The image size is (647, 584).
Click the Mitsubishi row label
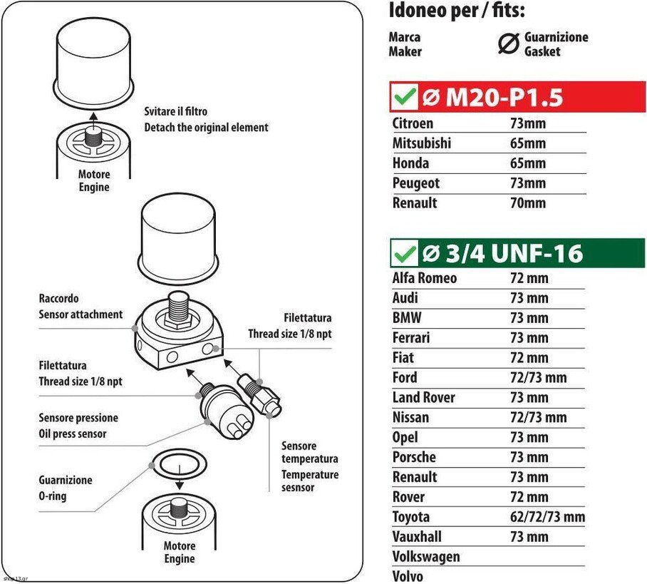421,143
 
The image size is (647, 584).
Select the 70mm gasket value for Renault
528,203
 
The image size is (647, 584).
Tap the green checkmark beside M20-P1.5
405,97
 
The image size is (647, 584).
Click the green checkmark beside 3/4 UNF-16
405,253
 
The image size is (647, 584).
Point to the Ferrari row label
411,337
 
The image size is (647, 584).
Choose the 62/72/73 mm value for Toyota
547,517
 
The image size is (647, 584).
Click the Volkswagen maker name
426,557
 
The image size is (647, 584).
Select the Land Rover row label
423,397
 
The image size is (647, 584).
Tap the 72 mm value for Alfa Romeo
529,278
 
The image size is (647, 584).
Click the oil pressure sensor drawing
227,411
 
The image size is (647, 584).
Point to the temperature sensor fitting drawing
259,395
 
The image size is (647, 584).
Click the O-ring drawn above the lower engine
180,464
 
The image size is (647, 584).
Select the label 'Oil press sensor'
73,434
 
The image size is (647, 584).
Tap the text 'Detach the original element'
207,127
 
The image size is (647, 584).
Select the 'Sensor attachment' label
81,314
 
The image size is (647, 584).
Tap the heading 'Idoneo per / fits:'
457,11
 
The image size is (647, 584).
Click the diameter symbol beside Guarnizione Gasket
508,43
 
